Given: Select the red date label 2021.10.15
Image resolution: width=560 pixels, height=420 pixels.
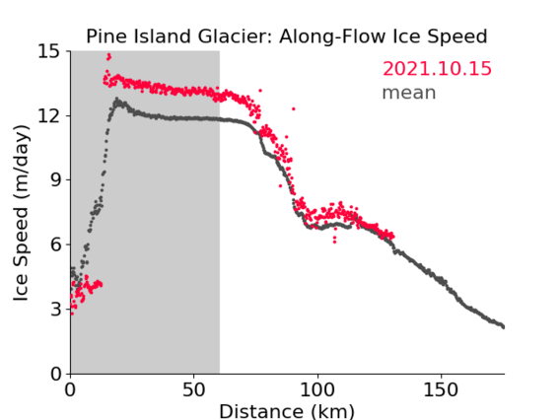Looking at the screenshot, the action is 437,69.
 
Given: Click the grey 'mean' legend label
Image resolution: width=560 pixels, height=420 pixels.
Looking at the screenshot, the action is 409,93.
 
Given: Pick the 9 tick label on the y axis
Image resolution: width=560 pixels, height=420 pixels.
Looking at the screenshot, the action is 55,180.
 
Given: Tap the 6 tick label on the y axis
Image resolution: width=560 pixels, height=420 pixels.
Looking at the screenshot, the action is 55,245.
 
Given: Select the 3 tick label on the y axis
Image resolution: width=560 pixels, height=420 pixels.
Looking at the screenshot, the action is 55,309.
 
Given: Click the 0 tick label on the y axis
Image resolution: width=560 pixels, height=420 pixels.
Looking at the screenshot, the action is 55,374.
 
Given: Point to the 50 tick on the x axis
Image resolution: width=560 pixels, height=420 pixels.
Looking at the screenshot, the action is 193,389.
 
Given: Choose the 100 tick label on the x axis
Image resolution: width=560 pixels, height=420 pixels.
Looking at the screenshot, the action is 317,389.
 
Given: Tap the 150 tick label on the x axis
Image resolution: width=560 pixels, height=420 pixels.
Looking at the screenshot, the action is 441,389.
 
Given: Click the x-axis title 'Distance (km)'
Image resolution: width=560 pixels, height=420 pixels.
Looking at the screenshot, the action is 287,411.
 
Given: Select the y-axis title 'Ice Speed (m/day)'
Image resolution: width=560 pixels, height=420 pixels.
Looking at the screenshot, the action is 21,213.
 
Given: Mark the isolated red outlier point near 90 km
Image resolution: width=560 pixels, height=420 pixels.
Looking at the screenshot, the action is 294,108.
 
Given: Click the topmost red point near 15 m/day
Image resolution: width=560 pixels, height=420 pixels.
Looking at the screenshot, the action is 108,55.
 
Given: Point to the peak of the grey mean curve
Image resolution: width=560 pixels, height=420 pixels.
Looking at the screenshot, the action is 116,99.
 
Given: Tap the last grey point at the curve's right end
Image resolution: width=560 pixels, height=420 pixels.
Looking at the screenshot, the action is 503,326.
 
